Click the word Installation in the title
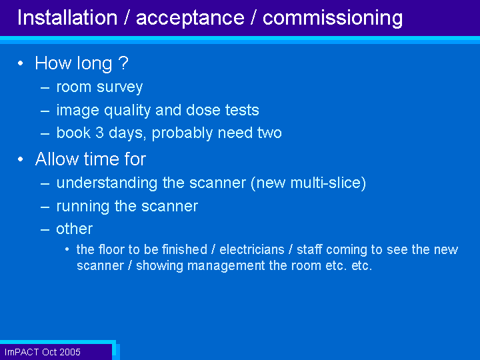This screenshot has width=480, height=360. coord(67,17)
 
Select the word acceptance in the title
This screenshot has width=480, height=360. coord(190,19)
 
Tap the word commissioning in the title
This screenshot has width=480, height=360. coord(333,19)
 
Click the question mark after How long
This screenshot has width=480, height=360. coord(123,63)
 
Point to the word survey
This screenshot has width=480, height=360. coord(120,88)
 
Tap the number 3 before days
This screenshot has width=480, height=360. coord(99,133)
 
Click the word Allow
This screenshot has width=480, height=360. coord(57,159)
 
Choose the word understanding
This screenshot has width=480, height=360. coord(107,184)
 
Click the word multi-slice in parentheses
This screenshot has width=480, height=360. coord(325,183)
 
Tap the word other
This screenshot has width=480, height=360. coord(74,229)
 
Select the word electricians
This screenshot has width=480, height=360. coord(252,249)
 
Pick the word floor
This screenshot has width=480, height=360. coord(112,249)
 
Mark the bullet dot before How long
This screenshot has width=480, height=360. coord(21,63)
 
